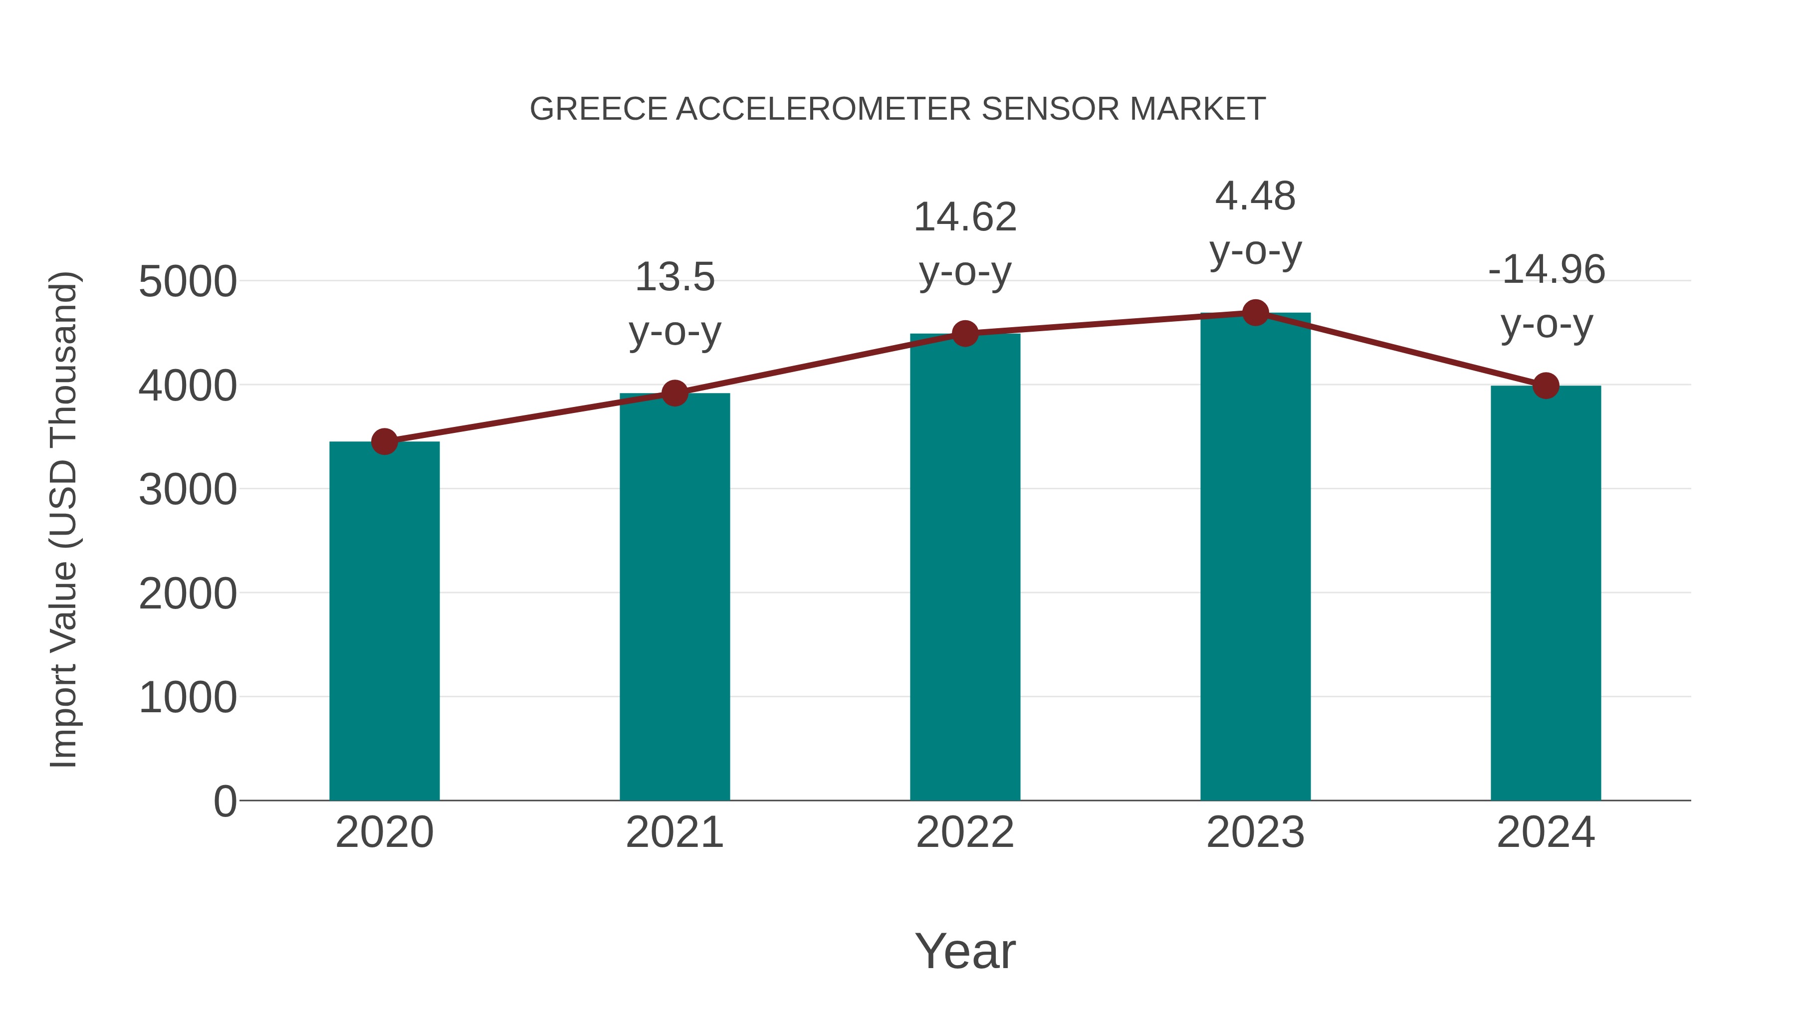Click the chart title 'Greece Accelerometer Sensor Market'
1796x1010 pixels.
[x=898, y=109]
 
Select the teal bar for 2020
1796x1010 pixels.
[x=384, y=620]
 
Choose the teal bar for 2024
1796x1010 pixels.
[x=1546, y=593]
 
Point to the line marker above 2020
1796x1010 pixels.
[x=384, y=441]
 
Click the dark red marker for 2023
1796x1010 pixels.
[x=1255, y=313]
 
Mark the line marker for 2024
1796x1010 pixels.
[x=1546, y=386]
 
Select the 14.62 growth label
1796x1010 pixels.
[x=965, y=244]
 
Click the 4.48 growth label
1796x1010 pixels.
[x=1255, y=223]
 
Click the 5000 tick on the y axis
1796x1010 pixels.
[x=188, y=282]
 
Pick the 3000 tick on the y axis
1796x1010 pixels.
[x=188, y=489]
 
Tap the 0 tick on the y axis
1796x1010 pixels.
[x=224, y=801]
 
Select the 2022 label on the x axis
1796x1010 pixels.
[x=965, y=832]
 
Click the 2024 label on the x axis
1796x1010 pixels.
[x=1546, y=832]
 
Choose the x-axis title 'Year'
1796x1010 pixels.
[x=965, y=951]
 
